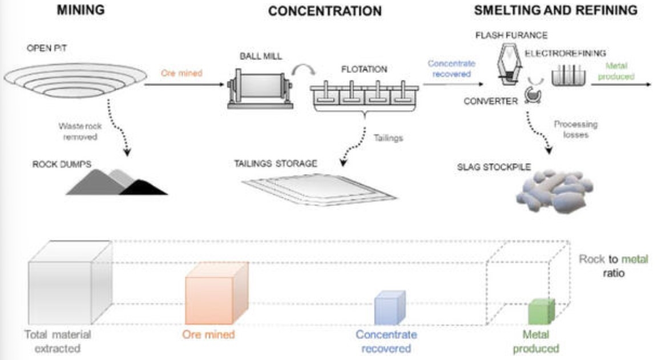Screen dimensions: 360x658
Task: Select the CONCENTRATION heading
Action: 325,11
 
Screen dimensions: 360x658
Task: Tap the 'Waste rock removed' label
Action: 80,131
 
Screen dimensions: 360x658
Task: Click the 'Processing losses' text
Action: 578,129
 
